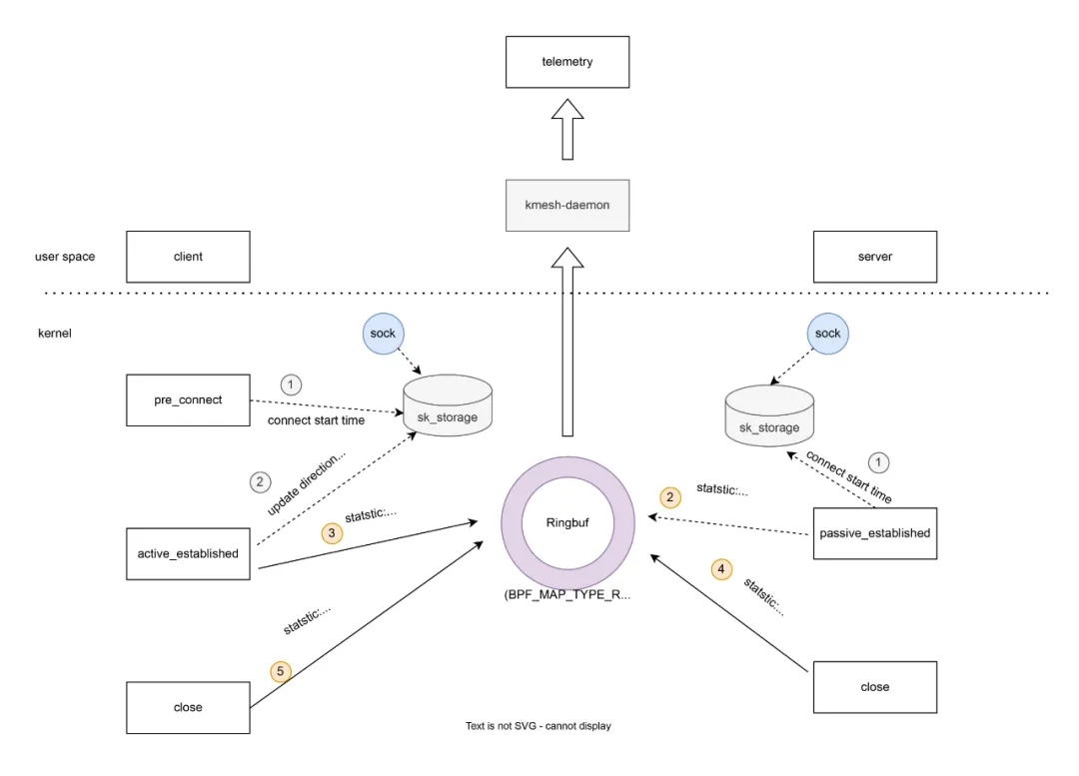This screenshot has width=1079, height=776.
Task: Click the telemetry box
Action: point(566,62)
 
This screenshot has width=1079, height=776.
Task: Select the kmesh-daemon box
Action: point(566,205)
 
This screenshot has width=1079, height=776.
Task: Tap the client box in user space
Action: point(188,257)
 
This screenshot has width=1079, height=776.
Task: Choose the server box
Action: point(875,257)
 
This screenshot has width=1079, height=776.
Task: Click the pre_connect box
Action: point(188,399)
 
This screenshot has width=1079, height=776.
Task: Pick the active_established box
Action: point(188,553)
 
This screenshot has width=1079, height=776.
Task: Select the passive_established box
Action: point(875,533)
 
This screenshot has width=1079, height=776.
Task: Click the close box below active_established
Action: point(188,707)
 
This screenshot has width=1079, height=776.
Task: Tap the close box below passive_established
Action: point(875,687)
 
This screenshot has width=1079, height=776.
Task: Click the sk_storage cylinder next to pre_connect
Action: point(447,407)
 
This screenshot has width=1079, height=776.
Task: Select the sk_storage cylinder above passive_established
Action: point(769,417)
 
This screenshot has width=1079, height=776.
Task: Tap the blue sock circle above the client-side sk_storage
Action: point(383,334)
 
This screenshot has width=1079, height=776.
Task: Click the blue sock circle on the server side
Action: point(828,334)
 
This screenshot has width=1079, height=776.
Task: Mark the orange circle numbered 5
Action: point(281,671)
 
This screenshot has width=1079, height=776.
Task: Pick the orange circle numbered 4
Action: point(720,570)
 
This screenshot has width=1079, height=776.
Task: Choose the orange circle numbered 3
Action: point(332,533)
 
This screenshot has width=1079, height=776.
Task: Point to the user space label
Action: point(65,257)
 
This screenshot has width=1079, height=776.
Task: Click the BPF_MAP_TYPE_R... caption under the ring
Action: point(568,593)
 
